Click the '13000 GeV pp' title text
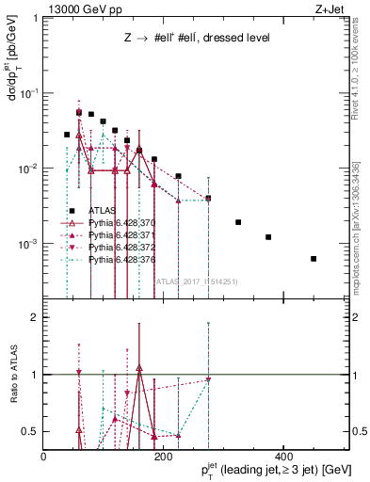(x=82, y=9)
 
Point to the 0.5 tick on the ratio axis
(x=28, y=431)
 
